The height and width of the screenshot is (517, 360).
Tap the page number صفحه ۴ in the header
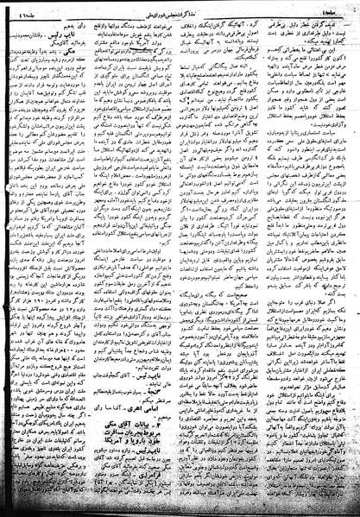(x=323, y=9)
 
